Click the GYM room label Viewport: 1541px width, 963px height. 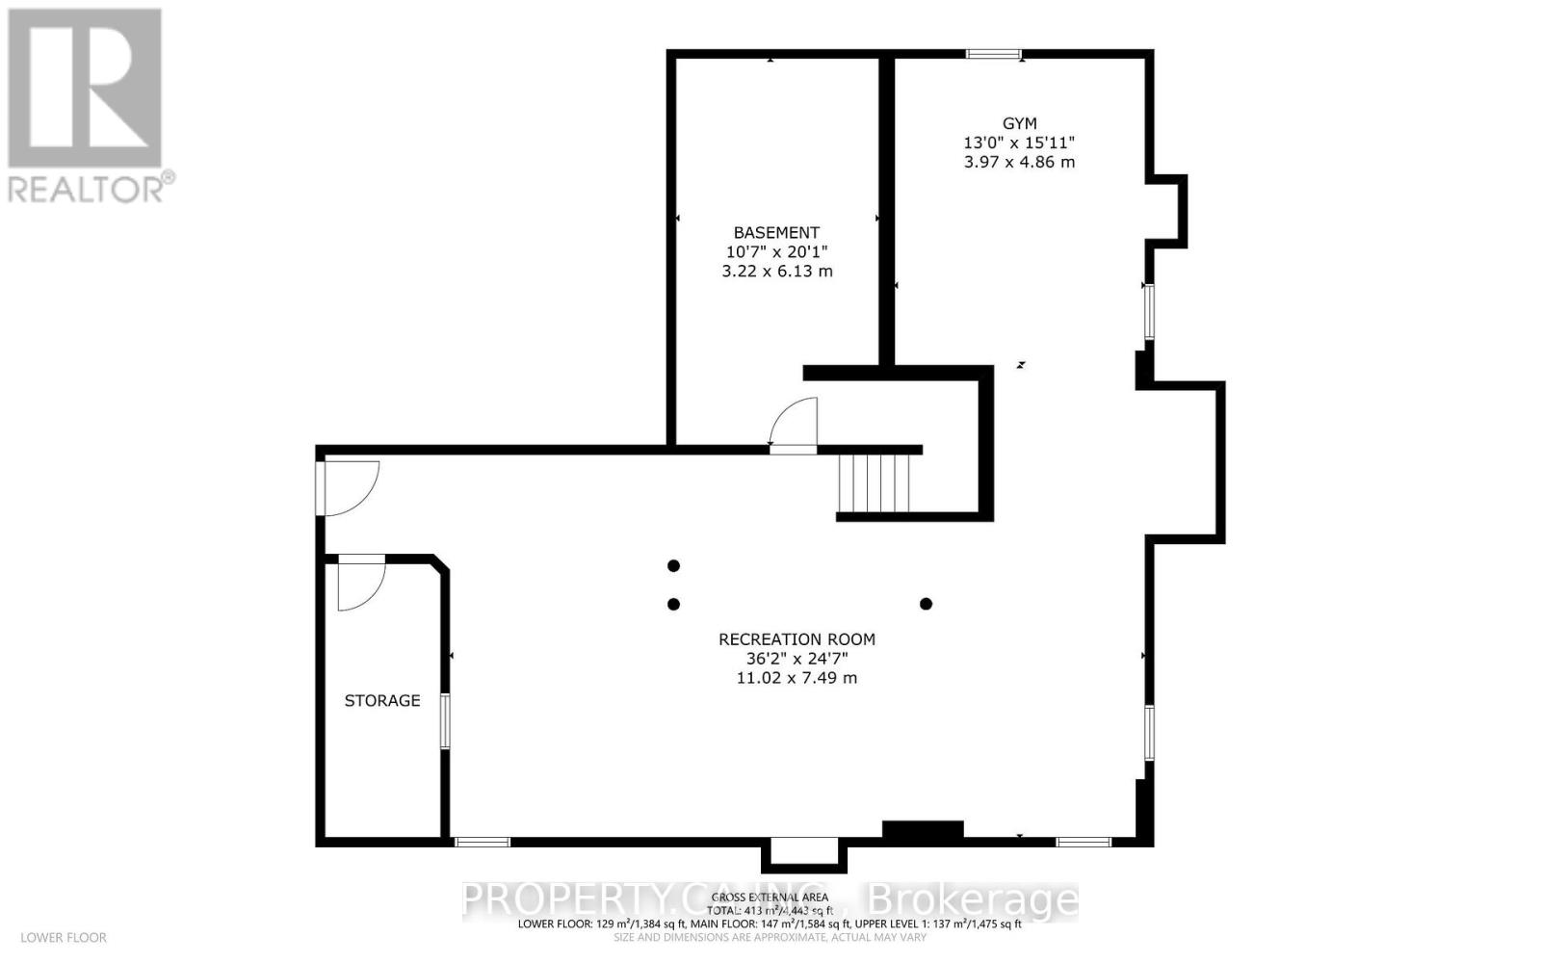pyautogui.click(x=1019, y=123)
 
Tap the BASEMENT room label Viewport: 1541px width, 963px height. pyautogui.click(x=776, y=232)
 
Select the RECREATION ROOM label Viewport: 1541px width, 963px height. pyautogui.click(x=797, y=639)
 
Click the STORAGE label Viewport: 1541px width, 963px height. pyautogui.click(x=382, y=700)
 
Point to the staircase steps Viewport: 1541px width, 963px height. pyautogui.click(x=874, y=483)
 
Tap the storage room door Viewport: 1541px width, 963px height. pyautogui.click(x=360, y=583)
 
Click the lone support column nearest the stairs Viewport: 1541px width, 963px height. pyautogui.click(x=926, y=604)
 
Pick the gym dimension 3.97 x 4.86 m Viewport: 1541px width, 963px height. pyautogui.click(x=1019, y=162)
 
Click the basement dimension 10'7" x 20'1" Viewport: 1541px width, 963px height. pyautogui.click(x=776, y=251)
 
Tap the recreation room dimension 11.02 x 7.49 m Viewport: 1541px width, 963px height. pyautogui.click(x=797, y=678)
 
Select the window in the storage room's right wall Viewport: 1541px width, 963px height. pyautogui.click(x=445, y=720)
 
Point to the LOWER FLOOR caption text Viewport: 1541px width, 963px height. pyautogui.click(x=64, y=937)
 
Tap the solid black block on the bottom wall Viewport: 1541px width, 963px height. pyautogui.click(x=923, y=830)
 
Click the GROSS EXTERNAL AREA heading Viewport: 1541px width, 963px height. pyautogui.click(x=770, y=897)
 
